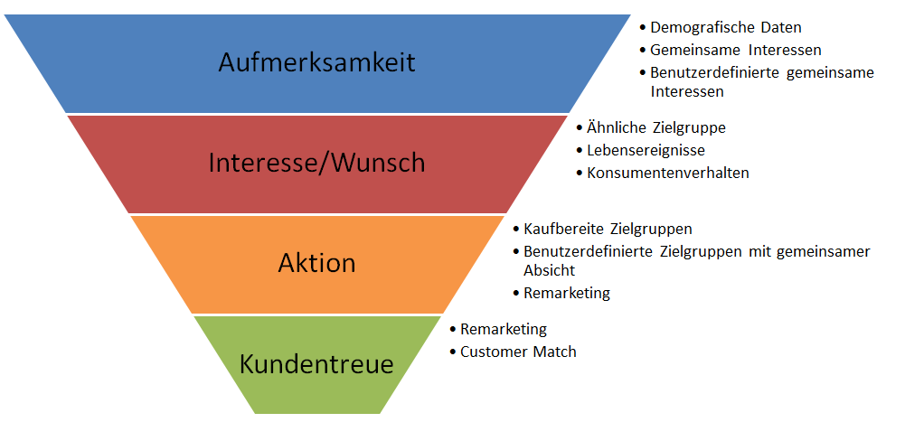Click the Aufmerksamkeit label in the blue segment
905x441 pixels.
pyautogui.click(x=316, y=62)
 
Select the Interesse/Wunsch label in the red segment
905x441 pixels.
pyautogui.click(x=316, y=163)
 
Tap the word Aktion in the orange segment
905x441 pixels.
pyautogui.click(x=316, y=263)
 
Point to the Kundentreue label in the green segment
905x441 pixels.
pyautogui.click(x=316, y=364)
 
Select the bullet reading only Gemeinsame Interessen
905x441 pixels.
pyautogui.click(x=735, y=51)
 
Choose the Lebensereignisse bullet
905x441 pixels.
pyautogui.click(x=646, y=150)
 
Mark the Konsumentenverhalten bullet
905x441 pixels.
pyautogui.click(x=667, y=173)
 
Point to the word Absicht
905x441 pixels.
pyautogui.click(x=549, y=270)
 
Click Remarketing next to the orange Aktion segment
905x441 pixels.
pyautogui.click(x=567, y=293)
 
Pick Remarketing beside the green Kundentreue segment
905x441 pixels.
pyautogui.click(x=504, y=330)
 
